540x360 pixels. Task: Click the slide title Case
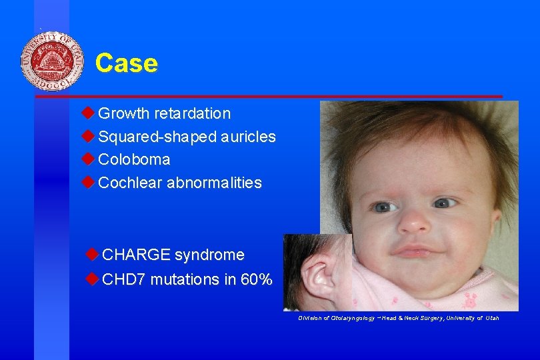(127, 63)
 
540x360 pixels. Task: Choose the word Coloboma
(134, 160)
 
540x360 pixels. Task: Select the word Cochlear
(130, 183)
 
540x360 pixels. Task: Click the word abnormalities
(214, 183)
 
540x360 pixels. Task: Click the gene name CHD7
(124, 280)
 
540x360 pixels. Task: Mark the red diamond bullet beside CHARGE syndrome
(92, 255)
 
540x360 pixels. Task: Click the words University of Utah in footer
(474, 318)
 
